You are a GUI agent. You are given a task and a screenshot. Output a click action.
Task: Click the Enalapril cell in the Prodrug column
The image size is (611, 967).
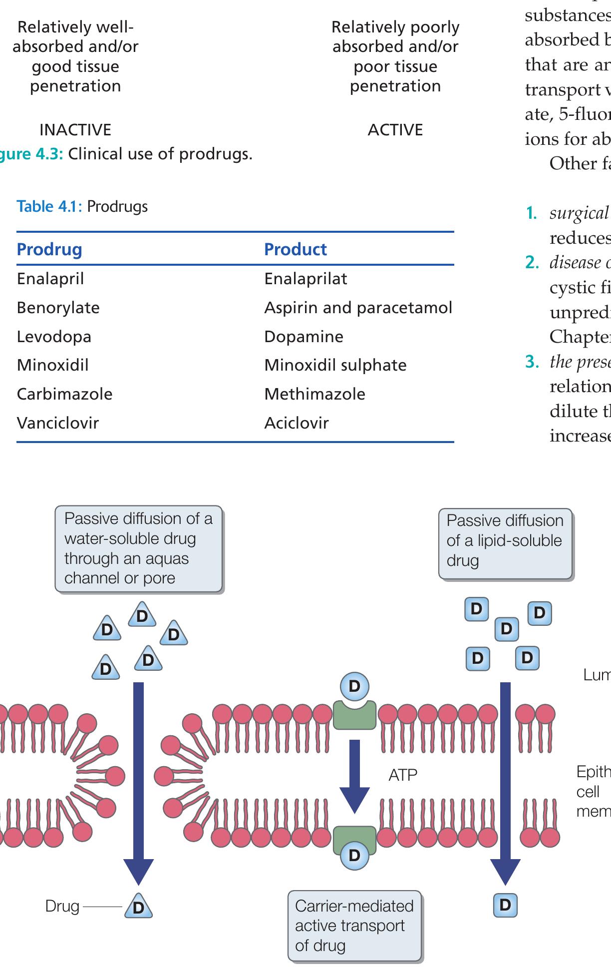[x=50, y=279]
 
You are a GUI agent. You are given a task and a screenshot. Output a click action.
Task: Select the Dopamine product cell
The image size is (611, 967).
[x=304, y=337]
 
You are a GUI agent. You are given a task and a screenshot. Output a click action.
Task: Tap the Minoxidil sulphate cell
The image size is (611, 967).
[x=335, y=365]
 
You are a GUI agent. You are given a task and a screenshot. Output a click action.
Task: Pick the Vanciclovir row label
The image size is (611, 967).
[x=58, y=423]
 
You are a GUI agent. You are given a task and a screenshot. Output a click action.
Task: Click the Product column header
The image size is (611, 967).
[x=296, y=249]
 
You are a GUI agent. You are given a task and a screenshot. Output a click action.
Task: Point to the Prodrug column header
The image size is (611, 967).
[x=49, y=249]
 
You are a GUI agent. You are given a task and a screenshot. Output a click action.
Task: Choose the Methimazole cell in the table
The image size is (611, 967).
[x=314, y=394]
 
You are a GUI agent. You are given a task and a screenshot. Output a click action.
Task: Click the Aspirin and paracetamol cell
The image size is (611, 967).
[x=358, y=308]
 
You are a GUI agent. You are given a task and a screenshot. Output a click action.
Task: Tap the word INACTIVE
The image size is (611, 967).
[x=75, y=130]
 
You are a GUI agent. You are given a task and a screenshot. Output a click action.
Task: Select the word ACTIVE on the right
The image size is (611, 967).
[x=395, y=130]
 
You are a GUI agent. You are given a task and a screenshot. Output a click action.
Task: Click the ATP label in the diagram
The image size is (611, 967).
[x=402, y=775]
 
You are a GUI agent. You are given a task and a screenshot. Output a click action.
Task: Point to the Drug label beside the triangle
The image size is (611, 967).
[x=62, y=906]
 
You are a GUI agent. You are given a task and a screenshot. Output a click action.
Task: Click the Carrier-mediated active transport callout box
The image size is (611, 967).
[x=354, y=926]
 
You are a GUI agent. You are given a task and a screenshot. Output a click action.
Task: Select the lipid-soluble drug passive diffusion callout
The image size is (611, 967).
[x=505, y=544]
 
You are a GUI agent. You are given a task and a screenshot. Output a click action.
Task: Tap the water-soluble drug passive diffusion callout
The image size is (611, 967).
[x=138, y=548]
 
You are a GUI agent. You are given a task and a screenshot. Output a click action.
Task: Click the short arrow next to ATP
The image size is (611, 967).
[x=354, y=775]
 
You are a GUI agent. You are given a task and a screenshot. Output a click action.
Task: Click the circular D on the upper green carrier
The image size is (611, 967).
[x=354, y=686]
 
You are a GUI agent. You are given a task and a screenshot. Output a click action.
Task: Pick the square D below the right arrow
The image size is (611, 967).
[x=505, y=905]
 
